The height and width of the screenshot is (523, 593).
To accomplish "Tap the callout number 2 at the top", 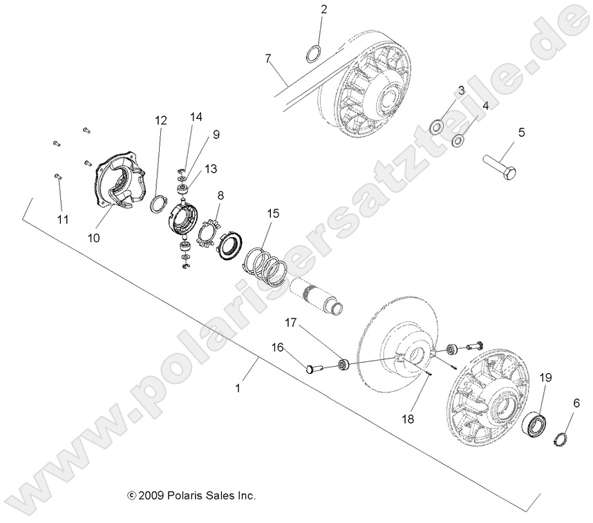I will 323,10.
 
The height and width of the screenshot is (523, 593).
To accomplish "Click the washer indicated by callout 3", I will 437,126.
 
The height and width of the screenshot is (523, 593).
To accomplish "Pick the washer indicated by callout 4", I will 458,141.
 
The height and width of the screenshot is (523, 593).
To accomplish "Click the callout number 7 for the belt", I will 268,58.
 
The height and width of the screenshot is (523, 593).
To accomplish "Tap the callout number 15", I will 273,213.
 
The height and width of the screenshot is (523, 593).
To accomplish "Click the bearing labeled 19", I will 535,423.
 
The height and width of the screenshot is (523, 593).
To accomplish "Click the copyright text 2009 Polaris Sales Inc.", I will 192,495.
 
